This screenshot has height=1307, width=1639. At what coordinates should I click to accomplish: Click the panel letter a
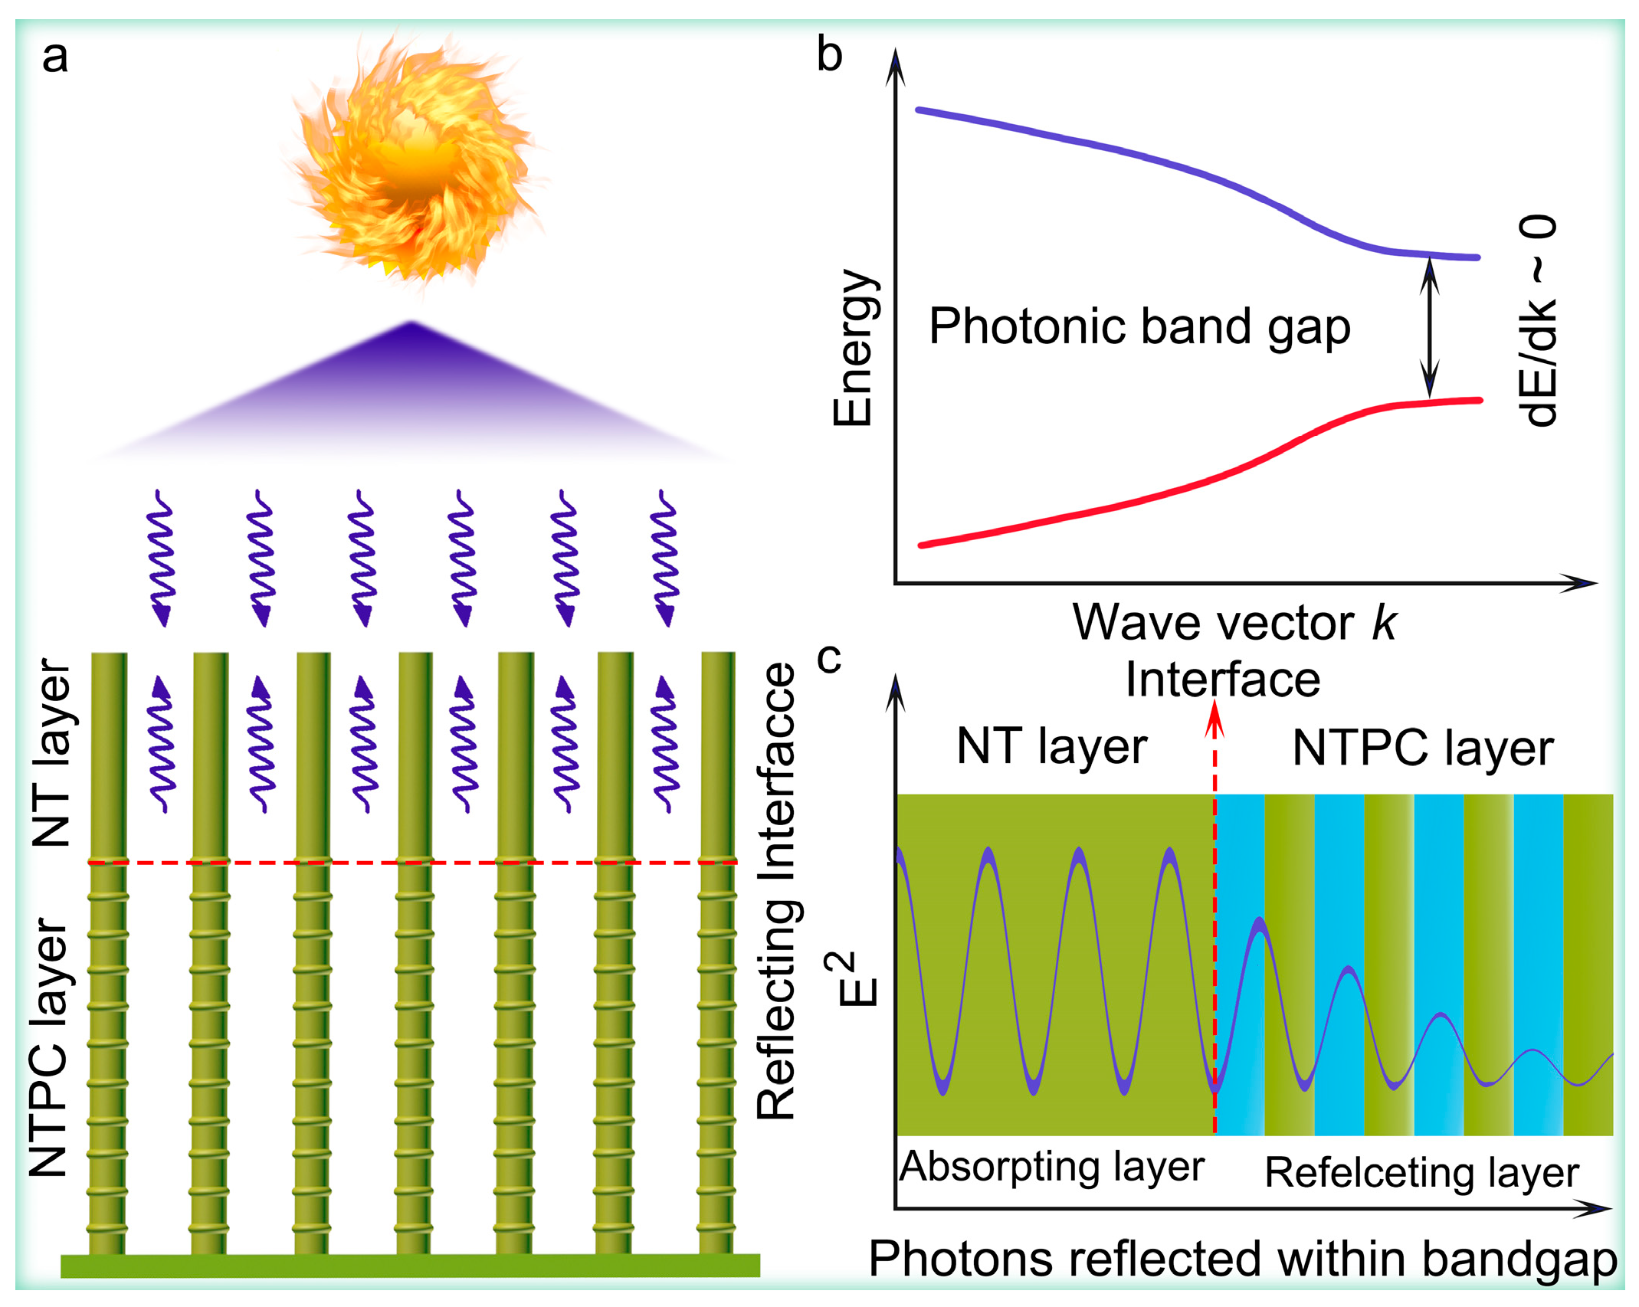54,57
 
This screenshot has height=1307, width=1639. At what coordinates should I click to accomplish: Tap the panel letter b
829,55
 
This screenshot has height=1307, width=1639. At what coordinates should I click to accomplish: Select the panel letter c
829,657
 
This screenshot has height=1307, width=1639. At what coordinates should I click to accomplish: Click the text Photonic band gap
1139,328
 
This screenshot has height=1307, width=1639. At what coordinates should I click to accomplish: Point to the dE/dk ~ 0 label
1537,322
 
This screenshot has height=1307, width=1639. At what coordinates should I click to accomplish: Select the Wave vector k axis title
1233,622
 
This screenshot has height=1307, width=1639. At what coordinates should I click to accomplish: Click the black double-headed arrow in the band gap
1429,328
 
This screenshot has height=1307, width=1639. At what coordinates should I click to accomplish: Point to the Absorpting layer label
1051,1167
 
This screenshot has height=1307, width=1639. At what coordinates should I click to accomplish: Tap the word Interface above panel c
1222,680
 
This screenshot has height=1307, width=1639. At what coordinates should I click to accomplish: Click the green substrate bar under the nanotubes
410,1266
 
